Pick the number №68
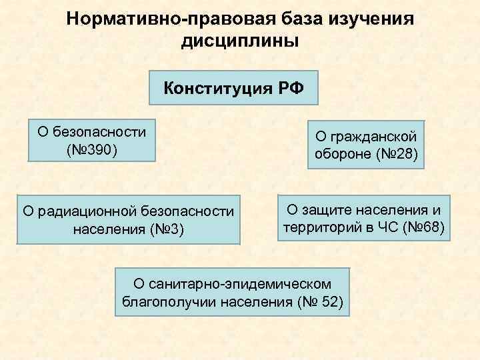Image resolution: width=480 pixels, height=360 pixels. tap(431, 228)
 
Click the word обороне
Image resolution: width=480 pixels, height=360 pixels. tap(341, 156)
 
